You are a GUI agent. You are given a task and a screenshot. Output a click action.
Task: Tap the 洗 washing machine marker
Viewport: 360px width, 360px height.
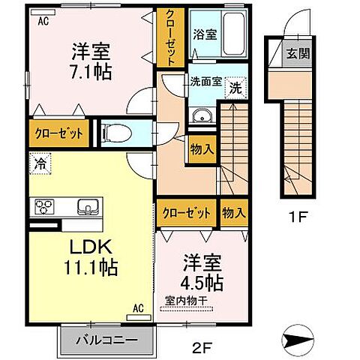click(x=235, y=87)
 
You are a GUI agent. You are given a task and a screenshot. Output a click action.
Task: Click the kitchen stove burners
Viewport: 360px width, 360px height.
click(x=43, y=207)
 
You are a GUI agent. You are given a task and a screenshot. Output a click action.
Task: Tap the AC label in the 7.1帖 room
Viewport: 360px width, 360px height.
click(x=43, y=22)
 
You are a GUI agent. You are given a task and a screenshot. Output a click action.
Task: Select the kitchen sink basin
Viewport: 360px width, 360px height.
click(x=84, y=207)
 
